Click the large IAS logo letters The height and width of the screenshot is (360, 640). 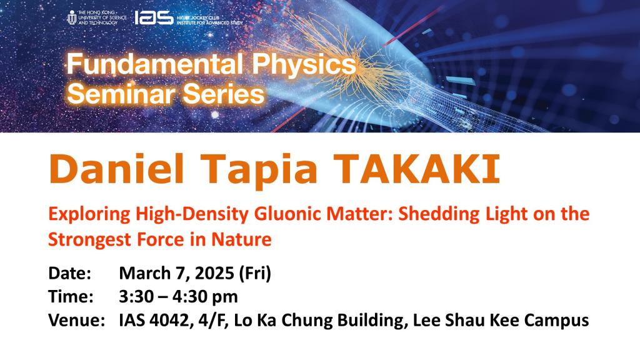(154, 17)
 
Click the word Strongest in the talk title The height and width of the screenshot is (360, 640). (85, 239)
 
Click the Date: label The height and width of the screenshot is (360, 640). (69, 273)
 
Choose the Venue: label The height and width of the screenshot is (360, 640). (76, 321)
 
